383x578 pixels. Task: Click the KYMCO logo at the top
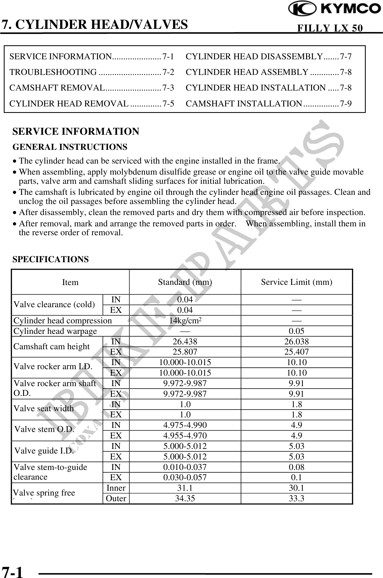click(x=334, y=10)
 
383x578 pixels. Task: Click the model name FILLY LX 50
click(x=330, y=28)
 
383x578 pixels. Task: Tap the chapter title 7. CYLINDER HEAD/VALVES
click(x=95, y=24)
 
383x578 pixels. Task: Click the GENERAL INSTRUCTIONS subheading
click(x=70, y=147)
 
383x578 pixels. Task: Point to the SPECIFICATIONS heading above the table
click(x=50, y=259)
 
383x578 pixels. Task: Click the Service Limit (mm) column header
click(x=296, y=282)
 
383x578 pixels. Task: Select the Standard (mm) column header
click(x=185, y=282)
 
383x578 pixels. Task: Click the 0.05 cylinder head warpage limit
click(x=296, y=331)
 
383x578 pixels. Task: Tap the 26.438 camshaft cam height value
click(x=185, y=341)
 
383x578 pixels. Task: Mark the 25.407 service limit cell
click(x=296, y=352)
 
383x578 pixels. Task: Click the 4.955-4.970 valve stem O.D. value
click(x=185, y=435)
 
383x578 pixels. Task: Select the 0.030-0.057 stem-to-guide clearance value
click(x=185, y=477)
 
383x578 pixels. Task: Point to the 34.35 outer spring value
click(x=185, y=498)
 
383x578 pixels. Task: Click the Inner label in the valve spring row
click(x=116, y=488)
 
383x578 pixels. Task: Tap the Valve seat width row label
click(x=43, y=409)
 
